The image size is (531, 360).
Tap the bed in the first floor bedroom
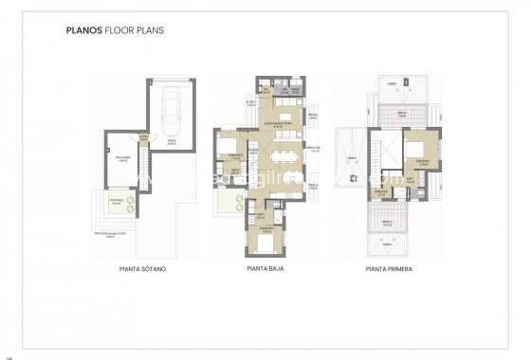coord(415,152)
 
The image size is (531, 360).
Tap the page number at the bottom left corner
coord(9,356)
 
